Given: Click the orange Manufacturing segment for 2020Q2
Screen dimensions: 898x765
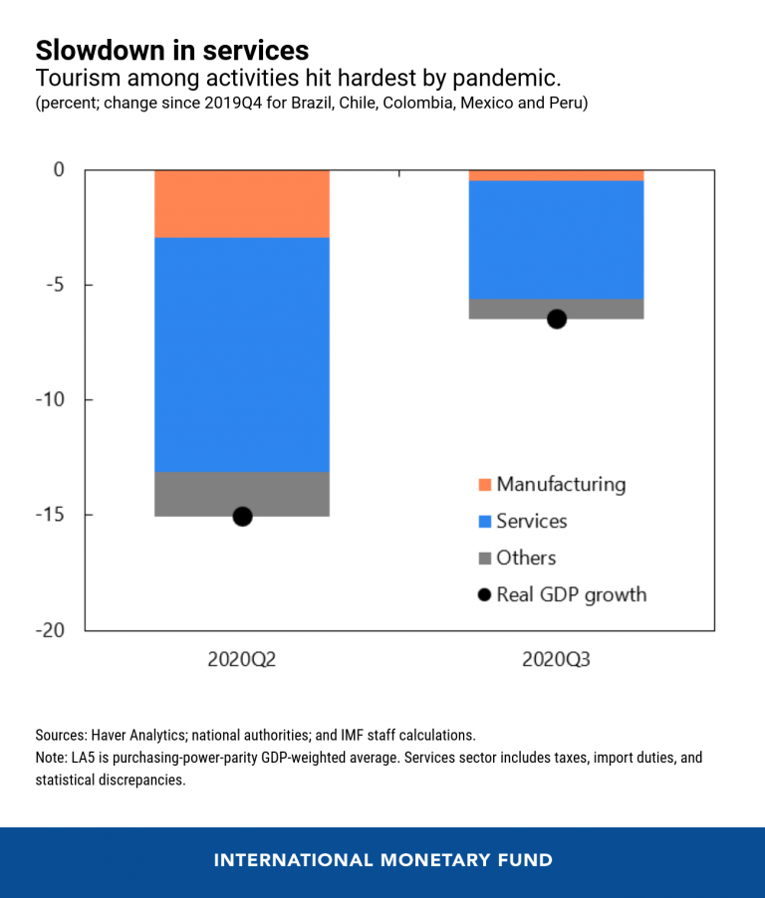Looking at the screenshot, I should [x=242, y=204].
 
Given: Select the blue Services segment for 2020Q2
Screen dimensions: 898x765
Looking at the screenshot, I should [x=242, y=354].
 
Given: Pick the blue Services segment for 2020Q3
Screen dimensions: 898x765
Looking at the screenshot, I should [x=556, y=239].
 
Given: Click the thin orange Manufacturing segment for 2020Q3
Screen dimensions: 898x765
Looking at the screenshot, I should [x=556, y=175].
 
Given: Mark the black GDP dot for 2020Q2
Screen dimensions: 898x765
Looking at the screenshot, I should [x=242, y=516].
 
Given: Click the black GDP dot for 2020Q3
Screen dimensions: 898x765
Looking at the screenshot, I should [x=557, y=319].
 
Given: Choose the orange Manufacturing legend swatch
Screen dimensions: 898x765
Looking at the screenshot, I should [x=485, y=485].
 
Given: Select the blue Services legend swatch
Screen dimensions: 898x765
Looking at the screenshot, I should [x=485, y=522].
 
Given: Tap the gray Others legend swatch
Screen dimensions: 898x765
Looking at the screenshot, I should [x=485, y=559].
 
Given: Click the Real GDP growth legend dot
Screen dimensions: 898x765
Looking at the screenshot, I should [x=485, y=595].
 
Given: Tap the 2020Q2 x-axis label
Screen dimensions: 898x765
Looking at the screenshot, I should [x=242, y=660].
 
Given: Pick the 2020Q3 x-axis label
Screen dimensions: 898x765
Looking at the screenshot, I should [x=556, y=660].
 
